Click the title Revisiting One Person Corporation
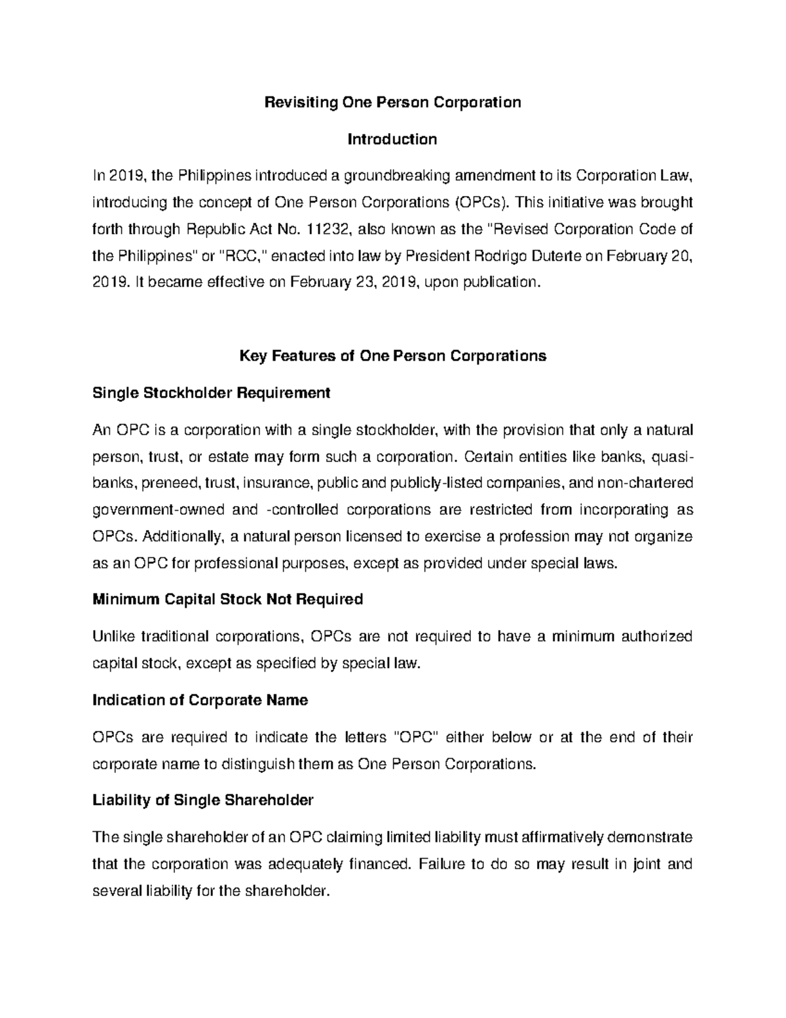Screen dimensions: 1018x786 click(392, 102)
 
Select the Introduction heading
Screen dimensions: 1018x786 click(392, 139)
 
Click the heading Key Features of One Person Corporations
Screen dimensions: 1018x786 click(392, 356)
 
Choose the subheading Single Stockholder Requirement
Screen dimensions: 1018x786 click(211, 393)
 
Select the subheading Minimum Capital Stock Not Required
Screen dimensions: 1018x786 click(227, 599)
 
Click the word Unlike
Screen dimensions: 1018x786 click(113, 636)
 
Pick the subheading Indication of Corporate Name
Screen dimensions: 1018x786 click(200, 700)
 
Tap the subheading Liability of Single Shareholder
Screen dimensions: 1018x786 click(202, 800)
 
